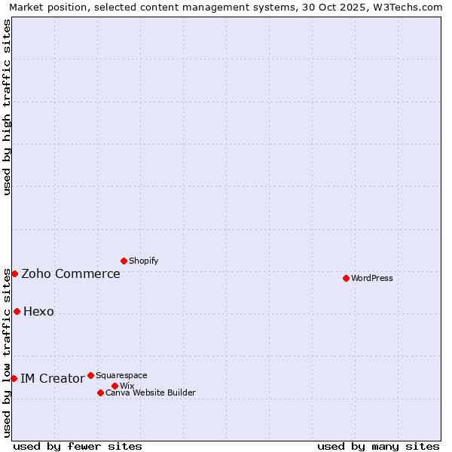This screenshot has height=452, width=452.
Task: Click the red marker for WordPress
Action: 346,278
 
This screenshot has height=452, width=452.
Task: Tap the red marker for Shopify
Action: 124,261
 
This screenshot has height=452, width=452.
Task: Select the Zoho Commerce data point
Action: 14,273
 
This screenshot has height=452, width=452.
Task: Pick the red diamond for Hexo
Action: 17,311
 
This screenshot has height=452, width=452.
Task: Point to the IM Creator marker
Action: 14,378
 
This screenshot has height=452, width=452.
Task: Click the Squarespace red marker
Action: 90,375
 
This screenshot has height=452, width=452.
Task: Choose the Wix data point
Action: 115,386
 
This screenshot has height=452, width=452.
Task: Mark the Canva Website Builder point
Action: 100,392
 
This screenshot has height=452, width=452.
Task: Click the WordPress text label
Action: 372,278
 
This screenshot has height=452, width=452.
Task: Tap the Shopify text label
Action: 143,261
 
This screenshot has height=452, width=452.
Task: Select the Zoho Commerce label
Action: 71,274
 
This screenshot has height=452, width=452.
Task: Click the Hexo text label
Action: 38,312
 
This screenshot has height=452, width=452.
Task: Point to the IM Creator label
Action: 52,379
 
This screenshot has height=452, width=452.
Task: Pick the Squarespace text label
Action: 121,375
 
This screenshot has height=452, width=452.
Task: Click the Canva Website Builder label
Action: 151,392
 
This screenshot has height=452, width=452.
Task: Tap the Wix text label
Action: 127,386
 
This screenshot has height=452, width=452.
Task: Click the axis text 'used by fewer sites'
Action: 78,446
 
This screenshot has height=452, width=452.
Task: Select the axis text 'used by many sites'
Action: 378,446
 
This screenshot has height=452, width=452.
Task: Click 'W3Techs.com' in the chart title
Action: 411,7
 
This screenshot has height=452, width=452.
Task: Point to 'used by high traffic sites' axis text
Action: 7,107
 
